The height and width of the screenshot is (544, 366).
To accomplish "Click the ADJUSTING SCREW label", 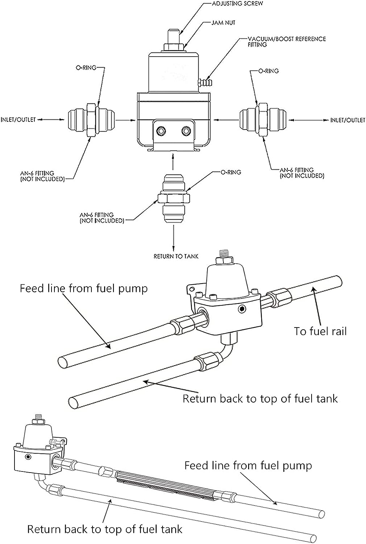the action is click(237, 4).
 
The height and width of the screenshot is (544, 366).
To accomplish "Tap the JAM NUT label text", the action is click(223, 23).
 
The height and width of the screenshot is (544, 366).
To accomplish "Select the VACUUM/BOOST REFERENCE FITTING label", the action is click(287, 42).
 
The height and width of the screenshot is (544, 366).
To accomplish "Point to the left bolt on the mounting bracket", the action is click(161, 131).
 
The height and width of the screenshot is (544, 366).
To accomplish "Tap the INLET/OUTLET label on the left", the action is click(18, 119).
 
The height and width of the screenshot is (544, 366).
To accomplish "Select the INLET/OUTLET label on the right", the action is click(348, 120).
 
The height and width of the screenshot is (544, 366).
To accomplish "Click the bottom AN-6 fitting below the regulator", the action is click(173, 199).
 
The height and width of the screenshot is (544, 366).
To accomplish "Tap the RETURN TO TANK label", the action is click(176, 256).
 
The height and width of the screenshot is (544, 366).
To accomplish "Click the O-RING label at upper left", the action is click(86, 68).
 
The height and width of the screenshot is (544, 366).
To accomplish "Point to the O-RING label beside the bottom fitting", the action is click(231, 172).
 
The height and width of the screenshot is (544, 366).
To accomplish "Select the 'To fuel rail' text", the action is click(320, 331).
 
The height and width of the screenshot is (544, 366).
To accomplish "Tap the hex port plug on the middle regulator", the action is click(242, 309).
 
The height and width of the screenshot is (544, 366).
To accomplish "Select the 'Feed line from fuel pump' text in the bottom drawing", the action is click(248, 466).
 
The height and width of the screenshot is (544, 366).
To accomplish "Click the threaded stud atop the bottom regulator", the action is click(38, 417).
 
